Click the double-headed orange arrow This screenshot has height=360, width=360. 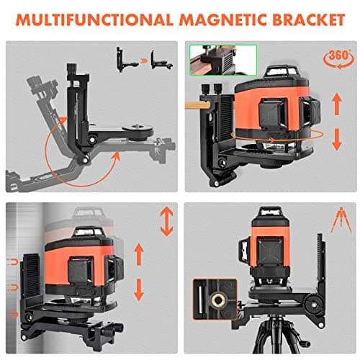(x=166, y=222)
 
